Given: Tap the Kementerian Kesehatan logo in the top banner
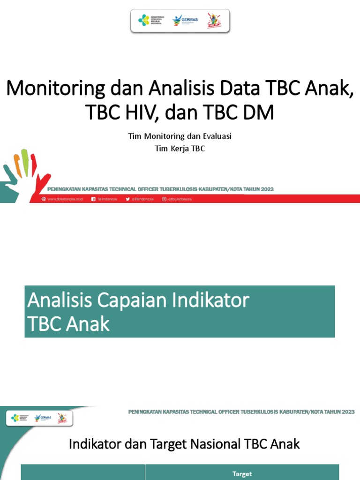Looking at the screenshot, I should point(150,20).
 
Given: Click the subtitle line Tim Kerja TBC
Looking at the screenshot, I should point(180,149).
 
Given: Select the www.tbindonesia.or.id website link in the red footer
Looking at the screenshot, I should point(65,199).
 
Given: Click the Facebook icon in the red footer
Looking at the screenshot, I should point(93,199).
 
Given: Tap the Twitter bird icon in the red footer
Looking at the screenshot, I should point(127,199).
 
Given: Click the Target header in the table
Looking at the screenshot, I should point(242,474).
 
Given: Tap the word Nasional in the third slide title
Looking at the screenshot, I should point(214,444).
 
